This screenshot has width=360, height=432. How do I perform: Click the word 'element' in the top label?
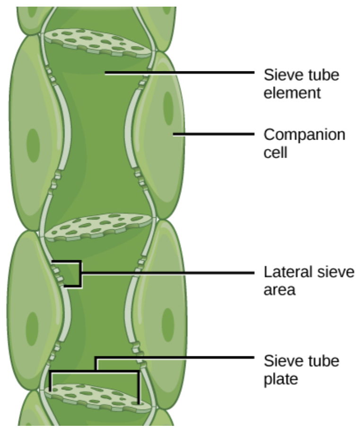coord(292,93)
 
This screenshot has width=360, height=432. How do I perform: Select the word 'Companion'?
coord(304,135)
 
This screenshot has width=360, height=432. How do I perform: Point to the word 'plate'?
coord(281,379)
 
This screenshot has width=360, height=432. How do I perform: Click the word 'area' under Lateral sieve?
coord(279,290)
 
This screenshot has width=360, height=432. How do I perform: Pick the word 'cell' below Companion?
coord(275,153)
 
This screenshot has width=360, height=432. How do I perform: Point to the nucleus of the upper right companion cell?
coord(167,107)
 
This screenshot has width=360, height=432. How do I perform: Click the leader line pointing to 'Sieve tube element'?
coord(180,73)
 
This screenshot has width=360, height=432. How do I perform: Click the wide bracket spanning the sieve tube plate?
coord(95,372)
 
